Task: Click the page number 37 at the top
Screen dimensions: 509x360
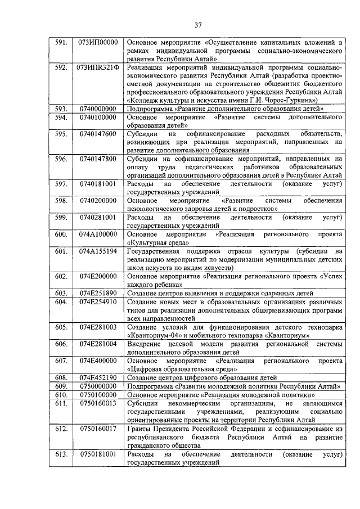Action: [198, 24]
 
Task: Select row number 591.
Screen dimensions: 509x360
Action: [61, 42]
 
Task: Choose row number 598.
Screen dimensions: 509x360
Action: [61, 201]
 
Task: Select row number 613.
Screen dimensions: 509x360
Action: [61, 453]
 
